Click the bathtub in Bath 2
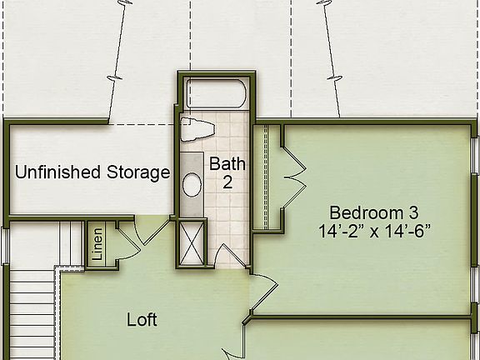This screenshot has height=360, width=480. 216,92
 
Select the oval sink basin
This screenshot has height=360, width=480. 192,184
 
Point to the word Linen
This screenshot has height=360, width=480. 97,244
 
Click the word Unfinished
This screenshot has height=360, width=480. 55,173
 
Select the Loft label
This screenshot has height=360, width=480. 142,319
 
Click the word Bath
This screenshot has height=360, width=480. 227,163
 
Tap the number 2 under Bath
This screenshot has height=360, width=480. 227,182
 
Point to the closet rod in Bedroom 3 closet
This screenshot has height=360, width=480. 264,177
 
